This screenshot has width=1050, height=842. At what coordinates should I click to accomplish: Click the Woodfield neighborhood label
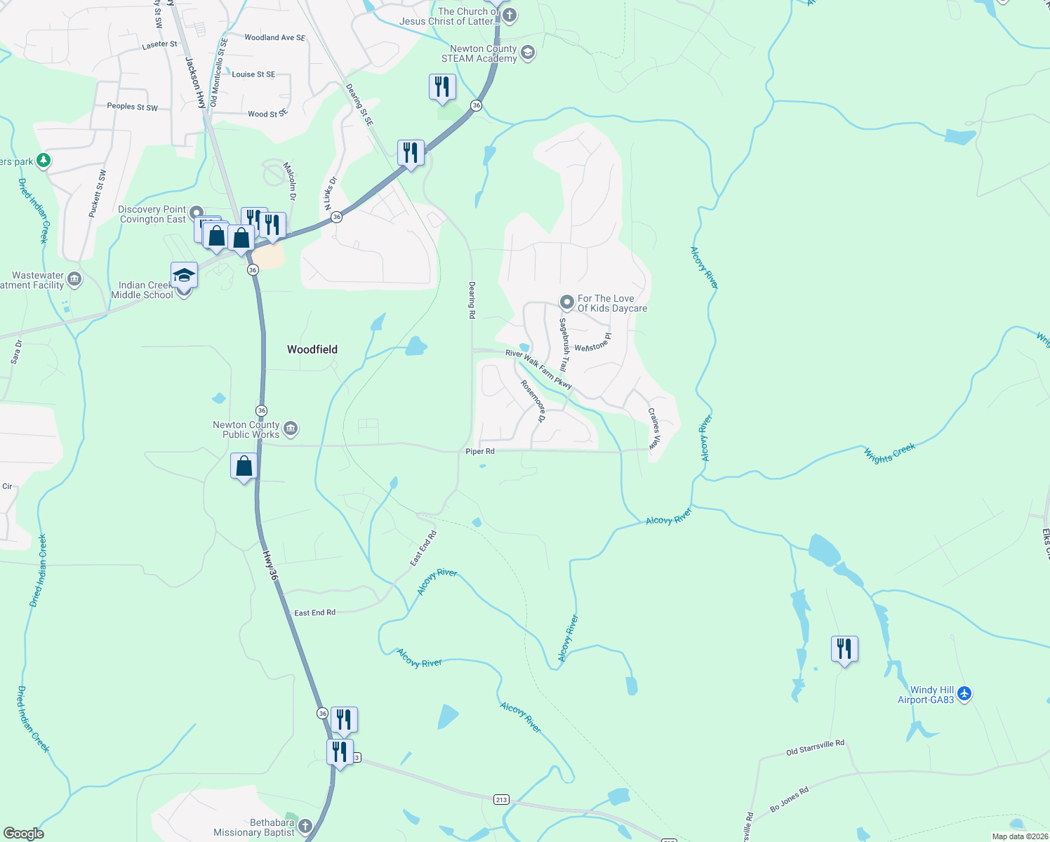[x=312, y=349]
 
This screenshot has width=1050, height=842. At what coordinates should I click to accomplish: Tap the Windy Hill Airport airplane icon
[x=964, y=694]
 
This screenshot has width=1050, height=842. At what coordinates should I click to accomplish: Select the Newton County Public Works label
[x=246, y=429]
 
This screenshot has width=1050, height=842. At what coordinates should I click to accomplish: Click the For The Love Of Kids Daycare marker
[x=566, y=302]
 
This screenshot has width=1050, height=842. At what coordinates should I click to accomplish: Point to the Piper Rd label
[x=480, y=451]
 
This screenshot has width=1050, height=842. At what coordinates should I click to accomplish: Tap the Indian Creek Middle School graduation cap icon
[x=184, y=274]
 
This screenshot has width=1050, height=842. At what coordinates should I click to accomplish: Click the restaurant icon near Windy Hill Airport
[x=844, y=649]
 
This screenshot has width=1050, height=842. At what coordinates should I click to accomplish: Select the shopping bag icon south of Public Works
[x=244, y=467]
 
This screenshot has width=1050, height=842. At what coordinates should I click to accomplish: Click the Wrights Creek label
[x=889, y=453]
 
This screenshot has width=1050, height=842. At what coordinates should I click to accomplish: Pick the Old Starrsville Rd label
[x=815, y=748]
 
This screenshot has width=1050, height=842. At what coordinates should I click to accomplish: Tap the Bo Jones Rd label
[x=790, y=799]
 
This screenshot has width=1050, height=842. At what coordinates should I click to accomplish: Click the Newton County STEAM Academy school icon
[x=528, y=53]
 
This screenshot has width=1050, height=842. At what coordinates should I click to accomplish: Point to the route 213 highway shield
[x=501, y=800]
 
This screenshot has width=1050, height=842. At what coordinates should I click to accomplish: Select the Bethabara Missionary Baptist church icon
[x=305, y=826]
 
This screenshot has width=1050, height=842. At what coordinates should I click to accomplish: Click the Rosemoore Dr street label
[x=533, y=401]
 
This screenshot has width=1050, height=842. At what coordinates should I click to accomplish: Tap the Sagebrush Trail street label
[x=563, y=345]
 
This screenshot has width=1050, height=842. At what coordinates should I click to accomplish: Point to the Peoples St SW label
[x=132, y=107]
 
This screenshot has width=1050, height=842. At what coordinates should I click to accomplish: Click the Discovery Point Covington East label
[x=152, y=215]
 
